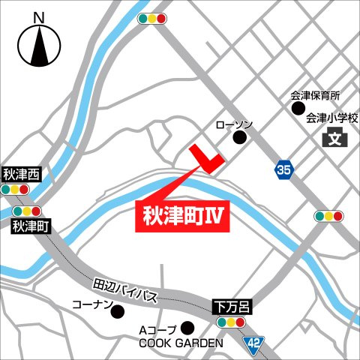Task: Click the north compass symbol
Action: point(40,44)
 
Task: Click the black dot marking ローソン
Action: point(240,138)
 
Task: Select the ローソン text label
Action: point(235,124)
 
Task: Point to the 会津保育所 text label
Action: point(315,96)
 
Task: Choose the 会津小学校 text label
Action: point(333,118)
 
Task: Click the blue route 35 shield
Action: point(283,171)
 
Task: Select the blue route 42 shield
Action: point(256,342)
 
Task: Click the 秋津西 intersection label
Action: point(21,175)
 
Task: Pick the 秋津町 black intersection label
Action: point(31,225)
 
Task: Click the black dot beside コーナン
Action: point(116,311)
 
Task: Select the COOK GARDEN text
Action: point(181,343)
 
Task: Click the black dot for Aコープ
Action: point(187,327)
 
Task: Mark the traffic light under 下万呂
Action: point(230,322)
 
